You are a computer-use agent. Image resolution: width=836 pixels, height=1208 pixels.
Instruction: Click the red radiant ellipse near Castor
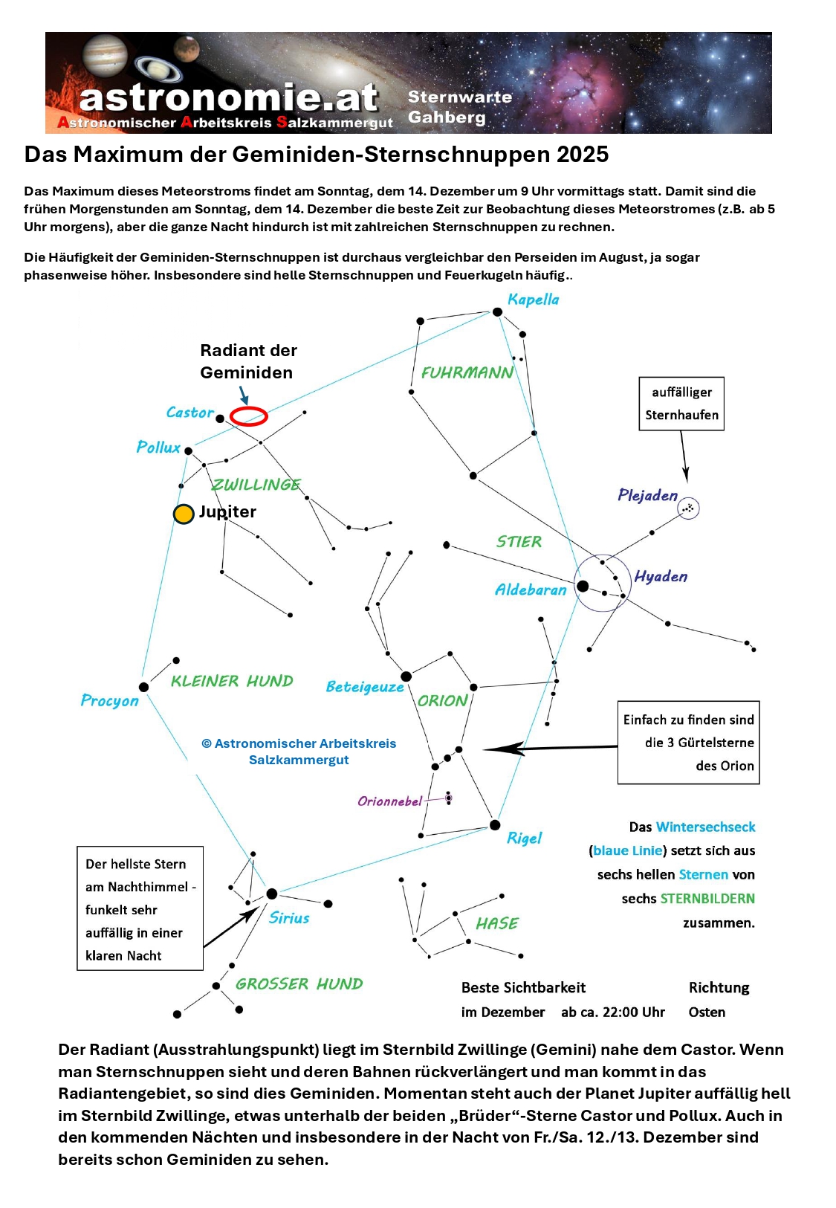point(248,416)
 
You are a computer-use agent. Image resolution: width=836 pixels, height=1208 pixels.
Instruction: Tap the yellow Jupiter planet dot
point(184,514)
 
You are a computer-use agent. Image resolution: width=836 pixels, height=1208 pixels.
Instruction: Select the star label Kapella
point(533,300)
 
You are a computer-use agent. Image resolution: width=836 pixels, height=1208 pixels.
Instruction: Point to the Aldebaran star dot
point(583,587)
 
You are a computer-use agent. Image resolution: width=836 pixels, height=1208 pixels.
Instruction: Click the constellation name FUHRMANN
point(467,372)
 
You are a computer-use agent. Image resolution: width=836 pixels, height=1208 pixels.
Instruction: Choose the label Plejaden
point(647,495)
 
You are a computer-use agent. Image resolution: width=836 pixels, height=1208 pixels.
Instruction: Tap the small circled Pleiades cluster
point(689,508)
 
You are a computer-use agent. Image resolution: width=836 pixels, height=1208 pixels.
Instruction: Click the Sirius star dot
point(272,894)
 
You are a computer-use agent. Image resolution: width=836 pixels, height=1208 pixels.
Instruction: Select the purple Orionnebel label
point(389,801)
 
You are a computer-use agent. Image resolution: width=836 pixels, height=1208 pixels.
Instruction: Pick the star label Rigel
point(524,839)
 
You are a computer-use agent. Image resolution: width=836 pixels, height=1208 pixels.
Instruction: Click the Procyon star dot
point(144,687)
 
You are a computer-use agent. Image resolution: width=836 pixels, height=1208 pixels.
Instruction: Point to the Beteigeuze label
point(364,687)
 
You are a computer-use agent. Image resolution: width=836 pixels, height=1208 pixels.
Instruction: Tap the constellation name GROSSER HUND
point(299,984)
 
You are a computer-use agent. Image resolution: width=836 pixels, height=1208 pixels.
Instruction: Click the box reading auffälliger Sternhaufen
point(681,404)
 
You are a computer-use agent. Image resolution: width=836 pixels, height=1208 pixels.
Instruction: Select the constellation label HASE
point(496,923)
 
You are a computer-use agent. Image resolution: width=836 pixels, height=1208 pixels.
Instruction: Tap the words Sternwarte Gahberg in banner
point(459,108)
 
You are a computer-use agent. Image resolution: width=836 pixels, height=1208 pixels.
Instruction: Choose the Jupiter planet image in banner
point(106,54)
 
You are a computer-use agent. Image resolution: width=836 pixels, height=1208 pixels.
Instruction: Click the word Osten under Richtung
point(707,1012)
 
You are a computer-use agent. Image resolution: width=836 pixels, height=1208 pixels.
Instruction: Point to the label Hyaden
point(661,577)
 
